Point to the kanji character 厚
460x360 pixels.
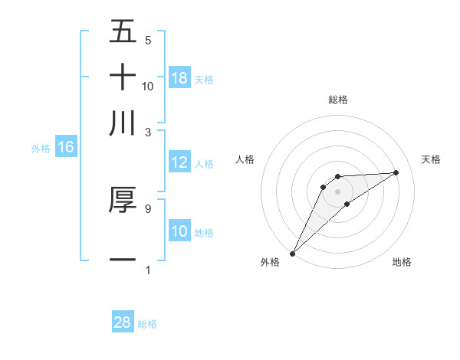point(123,199)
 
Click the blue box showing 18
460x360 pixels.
point(179,77)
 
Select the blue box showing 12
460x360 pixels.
point(179,162)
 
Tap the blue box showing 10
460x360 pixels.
point(179,231)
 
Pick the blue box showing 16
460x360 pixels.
point(66,147)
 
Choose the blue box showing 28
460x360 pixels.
point(123,322)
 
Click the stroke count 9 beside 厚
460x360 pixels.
point(147,207)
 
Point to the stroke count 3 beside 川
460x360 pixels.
point(147,131)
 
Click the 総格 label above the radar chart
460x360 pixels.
point(337,100)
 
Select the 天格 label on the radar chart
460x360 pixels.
point(431,159)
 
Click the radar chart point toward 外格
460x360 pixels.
point(292,254)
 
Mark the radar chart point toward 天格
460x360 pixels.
point(396,172)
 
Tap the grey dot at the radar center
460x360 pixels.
point(337,191)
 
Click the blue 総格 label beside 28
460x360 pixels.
point(147,324)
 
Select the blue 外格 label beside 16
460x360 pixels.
point(41,149)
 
